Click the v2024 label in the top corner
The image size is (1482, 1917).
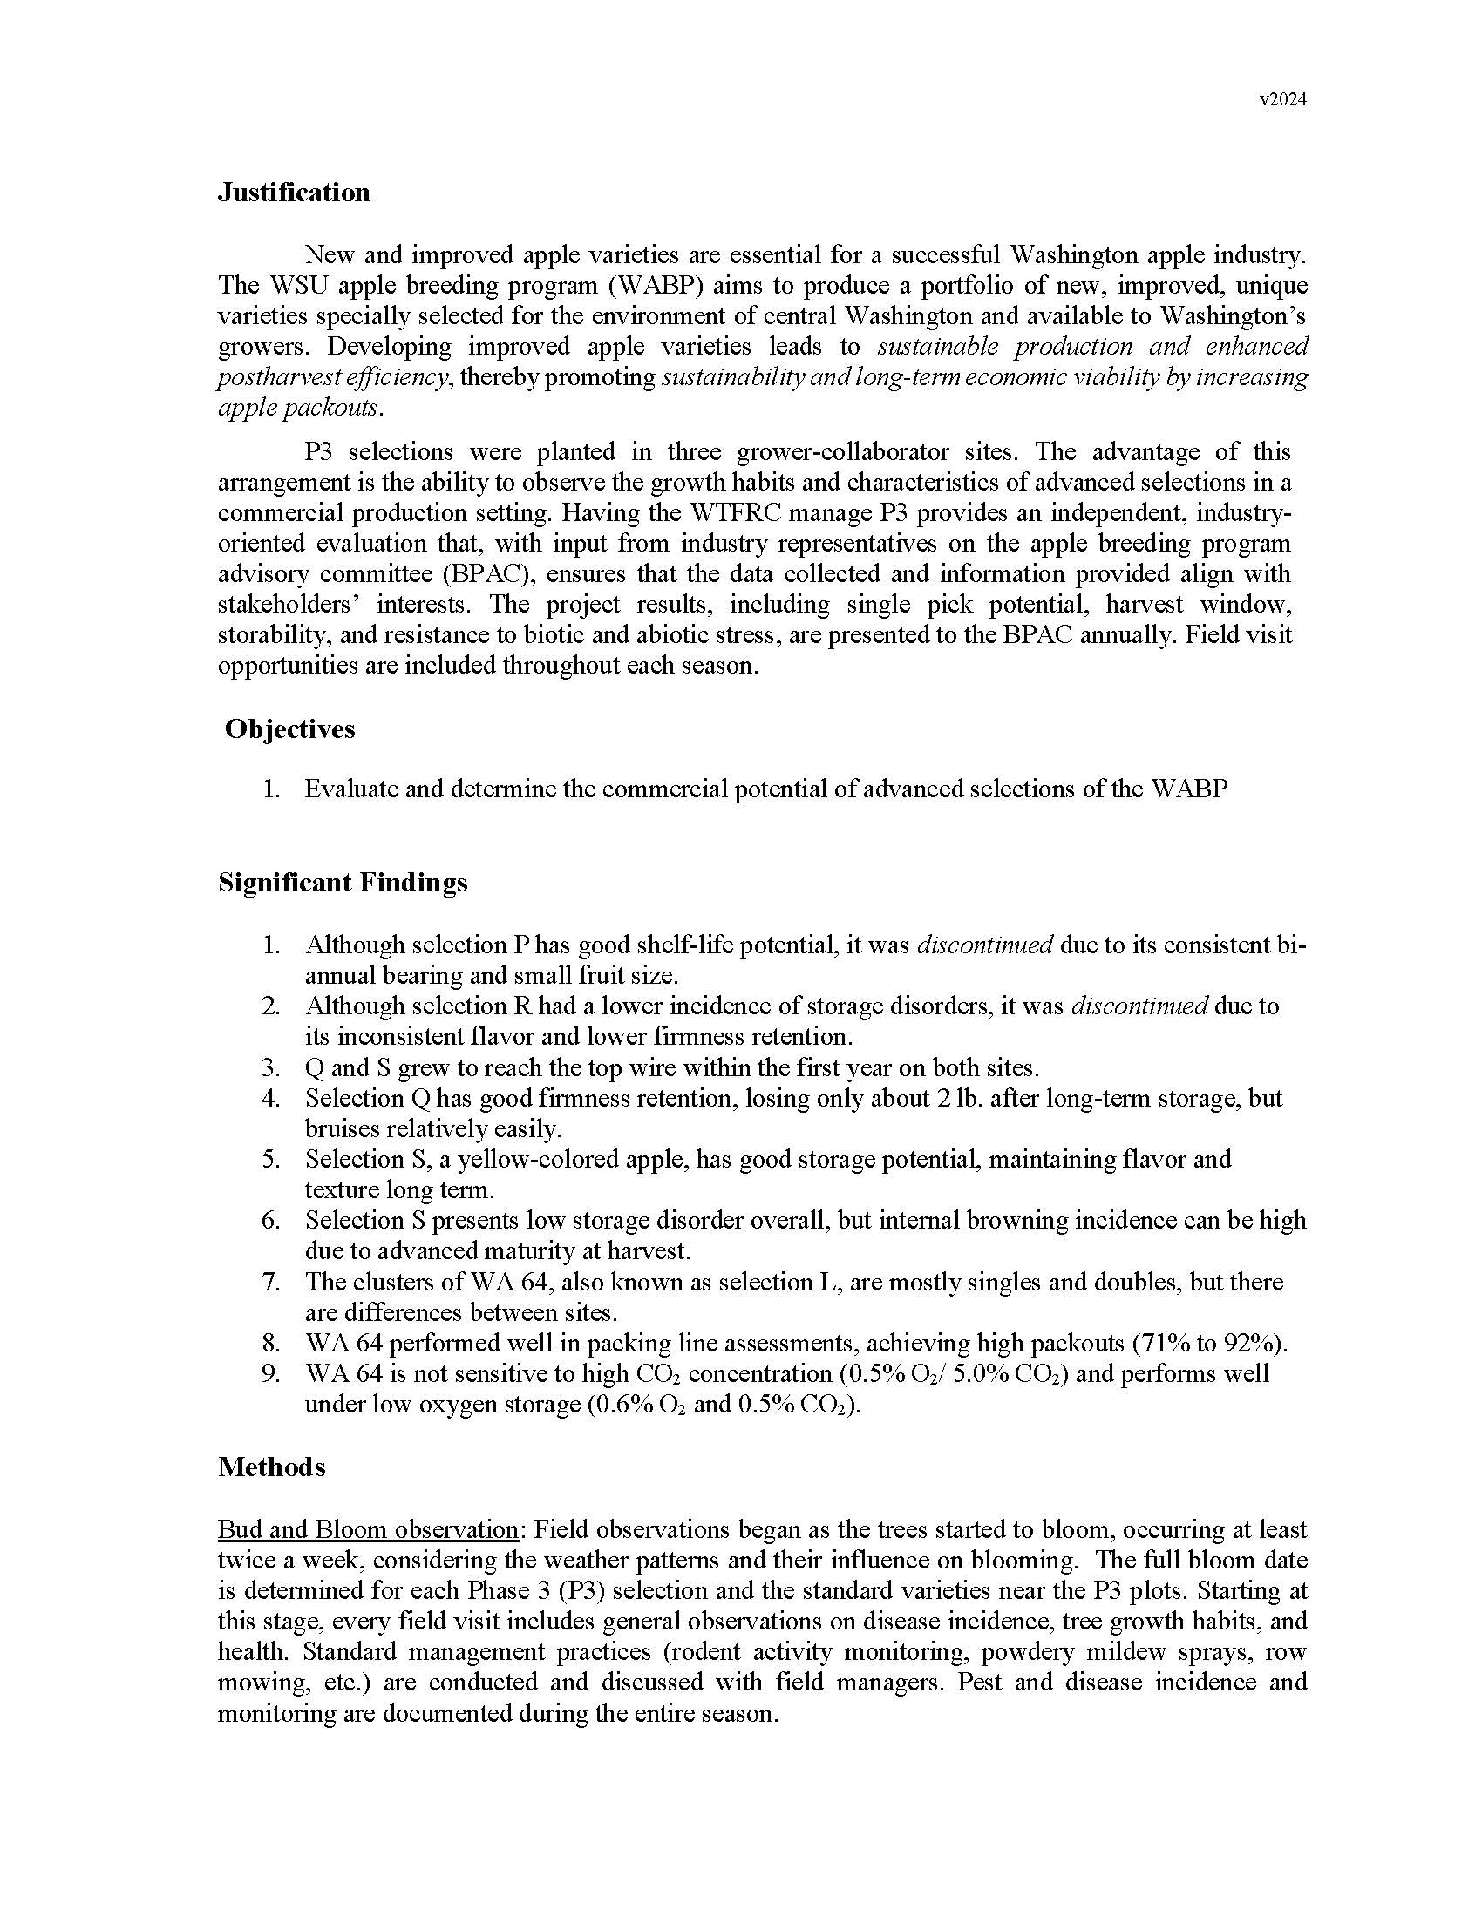coord(1281,100)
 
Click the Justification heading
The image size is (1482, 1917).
coord(294,193)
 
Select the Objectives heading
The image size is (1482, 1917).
coord(289,729)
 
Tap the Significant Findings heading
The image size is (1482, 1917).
coord(343,882)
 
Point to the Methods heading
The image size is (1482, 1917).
coord(271,1467)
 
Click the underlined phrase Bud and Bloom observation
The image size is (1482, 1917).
coord(368,1529)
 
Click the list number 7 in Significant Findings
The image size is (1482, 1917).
coord(270,1283)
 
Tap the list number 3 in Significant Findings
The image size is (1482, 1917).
coord(270,1068)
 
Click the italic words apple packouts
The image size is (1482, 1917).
coord(299,408)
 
